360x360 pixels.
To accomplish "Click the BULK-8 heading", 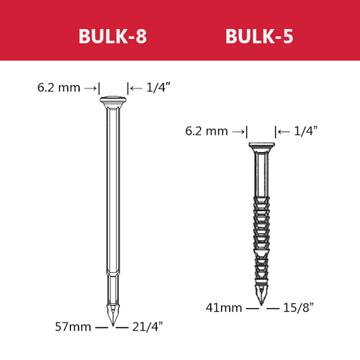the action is [x=112, y=36].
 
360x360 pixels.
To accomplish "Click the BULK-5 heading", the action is [x=259, y=36].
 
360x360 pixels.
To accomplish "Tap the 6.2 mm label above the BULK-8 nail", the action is [x=59, y=88].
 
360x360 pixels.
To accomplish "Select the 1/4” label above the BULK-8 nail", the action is [x=158, y=87].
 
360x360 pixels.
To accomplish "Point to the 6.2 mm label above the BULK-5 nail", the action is [x=207, y=131].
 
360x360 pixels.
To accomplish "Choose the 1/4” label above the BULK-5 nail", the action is [x=306, y=131].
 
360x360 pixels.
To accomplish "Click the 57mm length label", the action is [x=73, y=327].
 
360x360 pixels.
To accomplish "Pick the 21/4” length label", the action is [x=148, y=327].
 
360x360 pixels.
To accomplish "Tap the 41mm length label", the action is [x=224, y=307].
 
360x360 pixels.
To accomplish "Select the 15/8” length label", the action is [x=298, y=307].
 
